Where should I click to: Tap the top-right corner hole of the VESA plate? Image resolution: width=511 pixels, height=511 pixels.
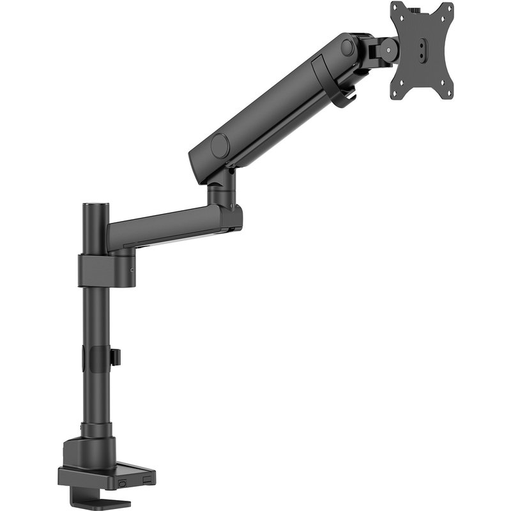point(447,10)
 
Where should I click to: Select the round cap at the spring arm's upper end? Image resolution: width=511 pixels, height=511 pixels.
point(347,47)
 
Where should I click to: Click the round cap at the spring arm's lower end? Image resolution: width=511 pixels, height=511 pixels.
point(220,146)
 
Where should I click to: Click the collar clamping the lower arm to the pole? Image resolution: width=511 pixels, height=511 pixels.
point(105,270)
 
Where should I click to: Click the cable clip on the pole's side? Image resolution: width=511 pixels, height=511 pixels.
point(116,357)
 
